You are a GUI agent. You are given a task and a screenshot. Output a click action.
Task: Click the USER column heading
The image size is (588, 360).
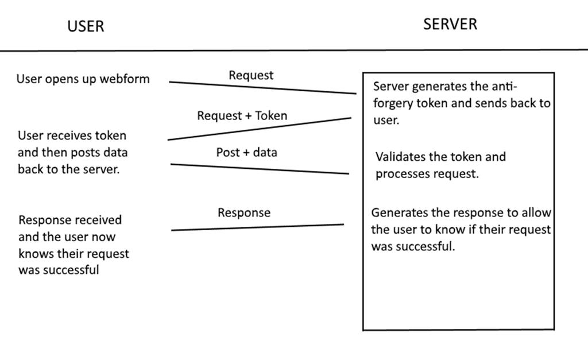[86, 26]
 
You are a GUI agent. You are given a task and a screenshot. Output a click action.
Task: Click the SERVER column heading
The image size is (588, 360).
[450, 24]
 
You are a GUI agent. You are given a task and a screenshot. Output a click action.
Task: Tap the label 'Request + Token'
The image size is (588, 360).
[242, 115]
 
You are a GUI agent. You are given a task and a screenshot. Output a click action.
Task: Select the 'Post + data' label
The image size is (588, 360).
[247, 152]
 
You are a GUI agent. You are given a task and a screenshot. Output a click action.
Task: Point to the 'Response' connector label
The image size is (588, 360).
[244, 212]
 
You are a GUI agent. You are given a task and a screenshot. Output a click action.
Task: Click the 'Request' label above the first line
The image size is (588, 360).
[252, 75]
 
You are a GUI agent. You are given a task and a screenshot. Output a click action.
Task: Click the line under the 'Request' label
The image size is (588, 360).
[262, 87]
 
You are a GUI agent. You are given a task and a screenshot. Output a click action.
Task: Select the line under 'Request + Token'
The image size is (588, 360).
[260, 129]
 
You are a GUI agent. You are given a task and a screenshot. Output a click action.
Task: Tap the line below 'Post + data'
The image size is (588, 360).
[260, 169]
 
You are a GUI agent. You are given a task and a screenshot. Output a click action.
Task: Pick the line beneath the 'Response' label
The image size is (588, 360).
[258, 227]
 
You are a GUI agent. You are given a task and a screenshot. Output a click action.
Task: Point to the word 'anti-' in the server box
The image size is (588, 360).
[504, 86]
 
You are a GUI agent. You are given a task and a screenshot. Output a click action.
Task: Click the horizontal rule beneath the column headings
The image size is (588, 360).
[294, 50]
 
